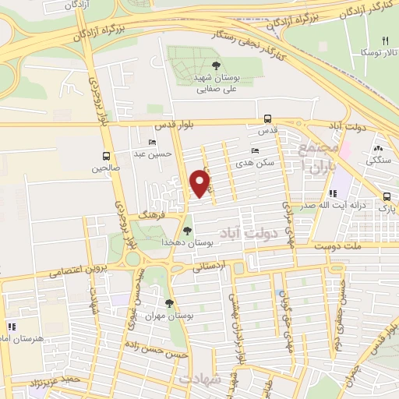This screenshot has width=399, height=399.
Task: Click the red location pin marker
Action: tap(200, 183)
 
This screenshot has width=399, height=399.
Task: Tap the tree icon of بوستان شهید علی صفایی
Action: tap(216, 65)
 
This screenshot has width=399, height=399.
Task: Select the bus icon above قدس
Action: tap(268, 119)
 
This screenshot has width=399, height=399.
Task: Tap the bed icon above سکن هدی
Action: tap(255, 150)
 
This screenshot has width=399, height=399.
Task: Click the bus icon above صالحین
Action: tap(106, 155)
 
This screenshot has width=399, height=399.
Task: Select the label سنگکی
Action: tap(380, 160)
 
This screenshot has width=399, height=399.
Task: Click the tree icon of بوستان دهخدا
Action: tap(186, 230)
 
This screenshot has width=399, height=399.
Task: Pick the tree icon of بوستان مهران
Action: tap(169, 303)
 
